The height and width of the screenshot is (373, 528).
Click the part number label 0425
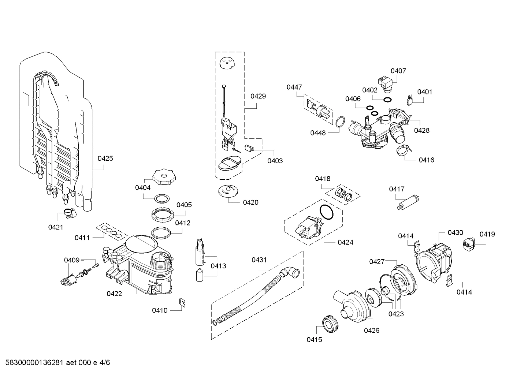click(105, 158)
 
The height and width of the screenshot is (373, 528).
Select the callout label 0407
click(398, 71)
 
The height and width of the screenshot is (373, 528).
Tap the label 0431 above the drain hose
click(259, 260)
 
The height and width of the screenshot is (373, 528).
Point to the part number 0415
click(314, 340)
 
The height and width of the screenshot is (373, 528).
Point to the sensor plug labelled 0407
click(384, 83)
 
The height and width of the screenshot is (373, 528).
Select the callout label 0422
click(114, 294)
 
